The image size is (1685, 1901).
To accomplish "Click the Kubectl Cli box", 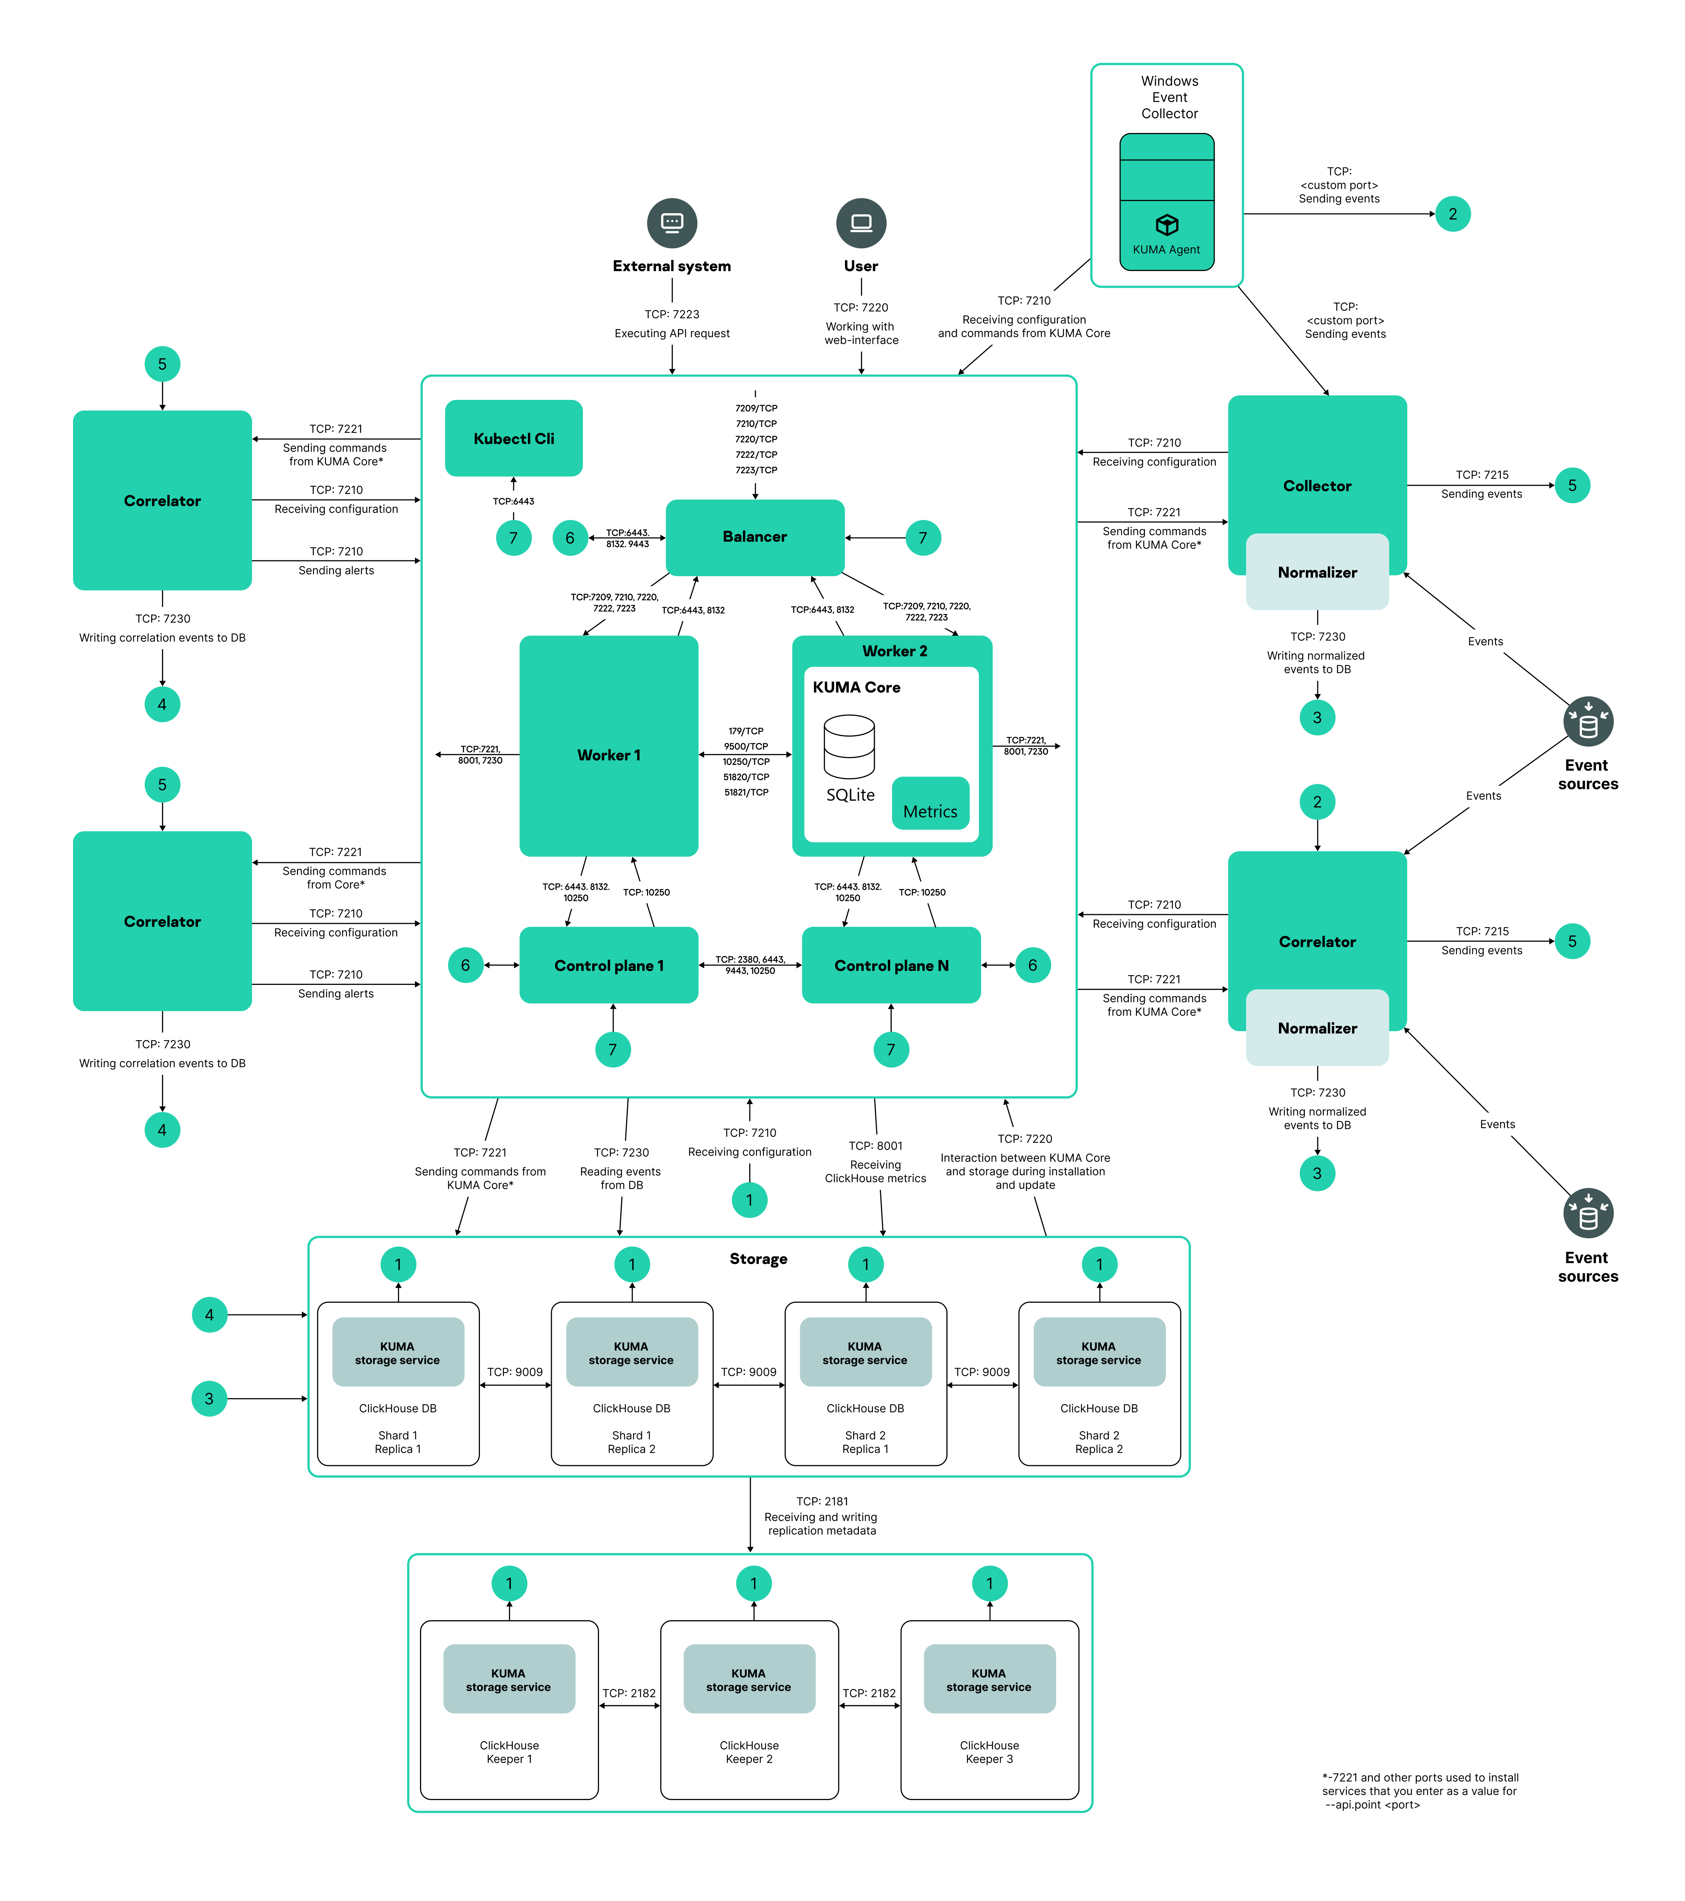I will click(x=513, y=438).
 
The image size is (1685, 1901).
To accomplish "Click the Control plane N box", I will click(x=891, y=965).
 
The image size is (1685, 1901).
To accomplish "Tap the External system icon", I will click(x=671, y=223).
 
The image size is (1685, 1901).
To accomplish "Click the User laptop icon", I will click(x=861, y=223).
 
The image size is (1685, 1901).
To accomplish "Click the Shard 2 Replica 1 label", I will click(x=865, y=1442).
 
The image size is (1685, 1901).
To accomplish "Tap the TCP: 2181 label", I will click(x=822, y=1501).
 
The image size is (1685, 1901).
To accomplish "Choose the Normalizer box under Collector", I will click(x=1317, y=572).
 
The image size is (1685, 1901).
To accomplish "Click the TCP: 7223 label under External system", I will click(x=671, y=314).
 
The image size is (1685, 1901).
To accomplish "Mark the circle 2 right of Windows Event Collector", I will click(x=1453, y=214).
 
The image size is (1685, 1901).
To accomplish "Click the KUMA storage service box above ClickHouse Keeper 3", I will click(x=988, y=1680).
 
